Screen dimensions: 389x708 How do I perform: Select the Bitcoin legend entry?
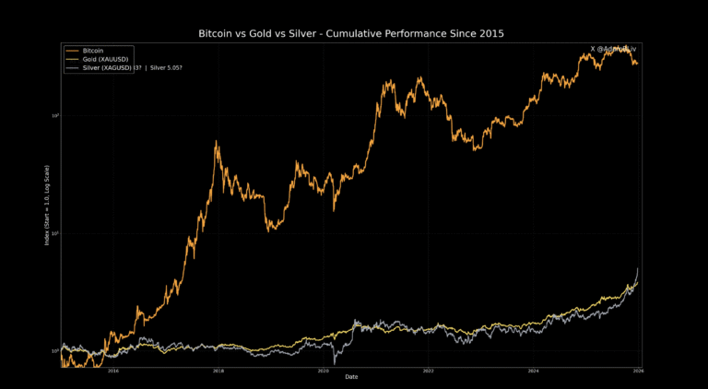[x=93, y=50]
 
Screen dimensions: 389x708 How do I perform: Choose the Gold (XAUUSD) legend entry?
[x=104, y=59]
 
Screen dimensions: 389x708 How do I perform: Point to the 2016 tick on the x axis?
[x=113, y=371]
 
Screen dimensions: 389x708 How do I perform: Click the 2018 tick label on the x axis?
[x=218, y=371]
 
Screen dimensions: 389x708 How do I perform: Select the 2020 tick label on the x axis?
[x=324, y=371]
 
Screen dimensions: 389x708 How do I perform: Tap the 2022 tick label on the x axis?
[x=428, y=371]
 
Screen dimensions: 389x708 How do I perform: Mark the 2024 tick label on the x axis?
[x=533, y=371]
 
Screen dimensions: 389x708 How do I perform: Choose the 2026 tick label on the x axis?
[x=637, y=371]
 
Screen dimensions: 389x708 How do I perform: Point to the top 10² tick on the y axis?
[x=56, y=115]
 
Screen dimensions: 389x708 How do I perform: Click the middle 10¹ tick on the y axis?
[x=56, y=233]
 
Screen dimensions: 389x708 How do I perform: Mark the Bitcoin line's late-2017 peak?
[x=217, y=142]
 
